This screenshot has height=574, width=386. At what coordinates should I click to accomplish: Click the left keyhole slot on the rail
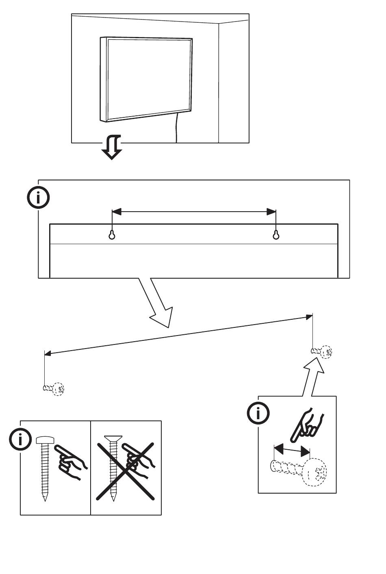pos(112,235)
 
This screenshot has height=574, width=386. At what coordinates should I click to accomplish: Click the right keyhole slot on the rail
pos(276,235)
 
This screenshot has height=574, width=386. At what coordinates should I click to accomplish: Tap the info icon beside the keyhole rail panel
pos(38,198)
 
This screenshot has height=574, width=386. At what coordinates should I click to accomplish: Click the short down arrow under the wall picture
pos(111,148)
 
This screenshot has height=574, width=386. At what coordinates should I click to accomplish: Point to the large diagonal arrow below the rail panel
pos(158,303)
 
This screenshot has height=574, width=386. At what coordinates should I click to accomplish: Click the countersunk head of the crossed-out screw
pos(113,438)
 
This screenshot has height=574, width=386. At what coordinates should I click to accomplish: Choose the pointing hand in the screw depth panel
pos(307,425)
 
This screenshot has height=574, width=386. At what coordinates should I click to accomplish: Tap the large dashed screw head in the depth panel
pos(315,472)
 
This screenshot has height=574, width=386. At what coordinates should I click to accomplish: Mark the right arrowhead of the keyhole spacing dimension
pos(271,212)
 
